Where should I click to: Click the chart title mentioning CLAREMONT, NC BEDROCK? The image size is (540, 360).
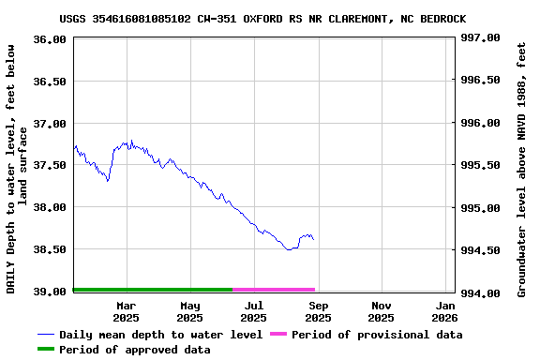click(x=262, y=19)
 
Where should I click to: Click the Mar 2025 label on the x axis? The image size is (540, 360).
click(x=126, y=312)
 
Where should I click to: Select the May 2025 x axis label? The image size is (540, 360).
click(x=190, y=312)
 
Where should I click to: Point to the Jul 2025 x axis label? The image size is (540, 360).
click(x=254, y=312)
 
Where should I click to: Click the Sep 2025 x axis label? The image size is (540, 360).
click(x=319, y=312)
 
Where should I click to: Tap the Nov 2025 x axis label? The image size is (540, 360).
click(x=382, y=312)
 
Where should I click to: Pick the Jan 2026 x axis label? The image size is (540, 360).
click(x=445, y=312)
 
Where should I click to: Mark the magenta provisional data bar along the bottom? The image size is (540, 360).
click(x=274, y=290)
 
